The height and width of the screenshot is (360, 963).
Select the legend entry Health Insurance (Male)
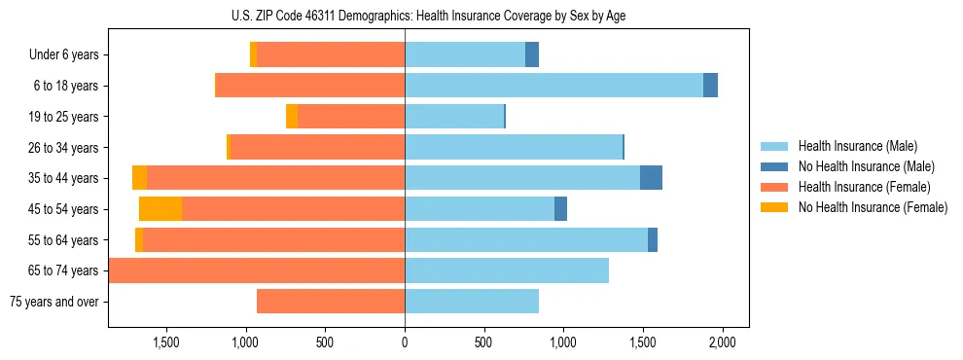click(857, 146)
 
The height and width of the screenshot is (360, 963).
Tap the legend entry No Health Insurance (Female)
click(873, 207)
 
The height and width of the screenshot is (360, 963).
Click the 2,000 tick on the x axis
click(721, 342)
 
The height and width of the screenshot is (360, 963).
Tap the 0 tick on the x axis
click(405, 342)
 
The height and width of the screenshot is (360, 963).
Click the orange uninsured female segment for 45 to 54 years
click(160, 209)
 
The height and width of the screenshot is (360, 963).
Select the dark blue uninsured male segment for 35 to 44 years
click(651, 178)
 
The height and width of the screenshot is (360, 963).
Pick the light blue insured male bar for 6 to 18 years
click(553, 86)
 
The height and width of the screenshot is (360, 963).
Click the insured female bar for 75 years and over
click(331, 302)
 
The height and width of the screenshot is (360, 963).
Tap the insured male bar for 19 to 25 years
click(454, 117)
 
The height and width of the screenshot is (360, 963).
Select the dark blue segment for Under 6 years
click(532, 54)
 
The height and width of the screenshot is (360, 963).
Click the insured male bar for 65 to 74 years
click(507, 270)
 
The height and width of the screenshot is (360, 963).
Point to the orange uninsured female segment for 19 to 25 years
click(292, 117)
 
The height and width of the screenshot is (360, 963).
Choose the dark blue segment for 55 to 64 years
click(653, 239)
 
